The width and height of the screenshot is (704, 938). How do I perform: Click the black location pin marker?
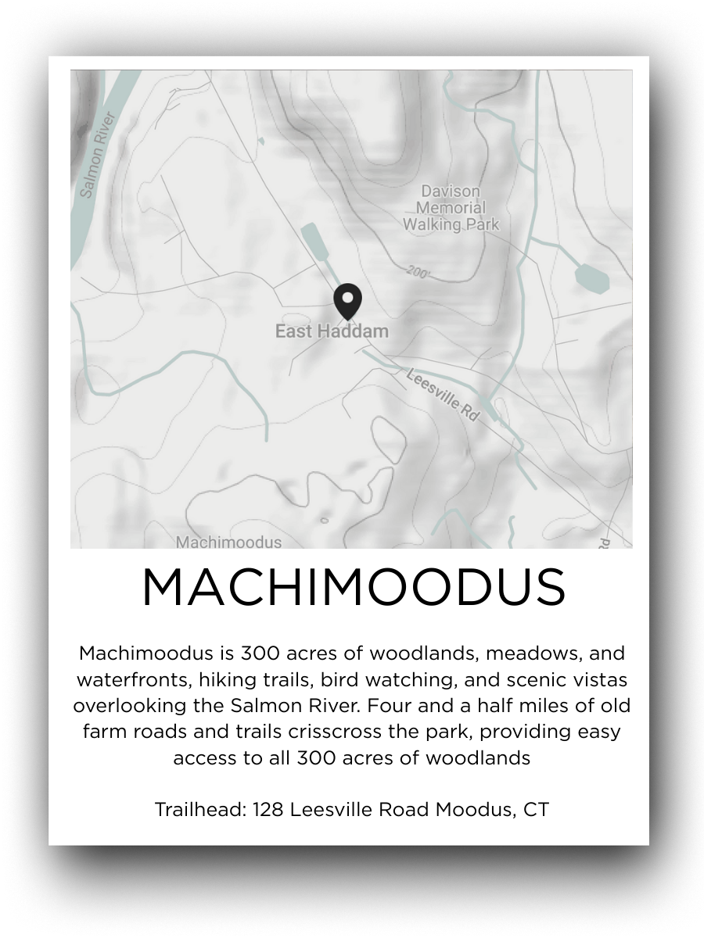point(347,301)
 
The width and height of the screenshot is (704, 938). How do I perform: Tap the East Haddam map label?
point(332,331)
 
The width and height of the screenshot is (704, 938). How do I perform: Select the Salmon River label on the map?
point(98,155)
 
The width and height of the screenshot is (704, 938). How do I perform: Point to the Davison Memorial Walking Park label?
point(451,208)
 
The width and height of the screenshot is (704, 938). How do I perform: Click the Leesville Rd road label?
point(443,396)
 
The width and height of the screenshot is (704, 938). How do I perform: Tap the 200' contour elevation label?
point(419,271)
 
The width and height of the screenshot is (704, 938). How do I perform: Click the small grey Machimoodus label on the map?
point(228,542)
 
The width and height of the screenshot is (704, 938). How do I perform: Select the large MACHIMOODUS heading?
point(353,588)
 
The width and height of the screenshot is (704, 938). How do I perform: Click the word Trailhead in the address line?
point(199,810)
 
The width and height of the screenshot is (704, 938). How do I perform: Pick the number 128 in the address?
point(268,810)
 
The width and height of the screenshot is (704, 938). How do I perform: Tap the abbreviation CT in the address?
point(536,810)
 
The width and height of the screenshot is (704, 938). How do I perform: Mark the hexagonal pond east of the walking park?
point(591,277)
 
